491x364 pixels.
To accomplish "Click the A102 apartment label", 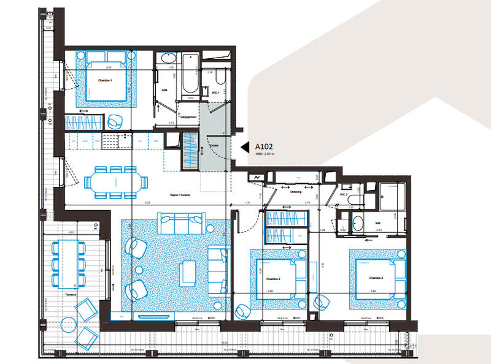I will coord(265,147).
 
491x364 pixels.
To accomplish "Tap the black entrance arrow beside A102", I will coord(244,147).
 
